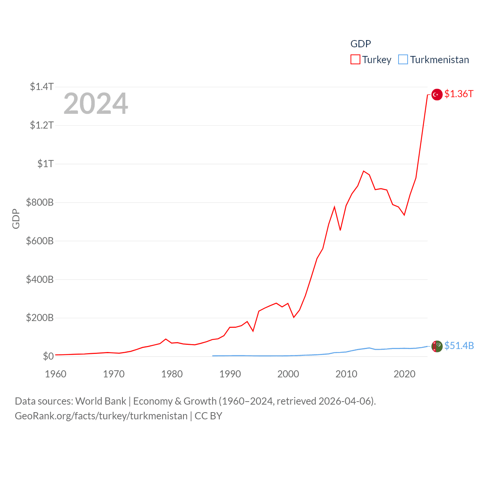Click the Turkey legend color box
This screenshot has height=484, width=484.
coord(355,60)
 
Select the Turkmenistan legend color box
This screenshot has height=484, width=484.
coord(403,60)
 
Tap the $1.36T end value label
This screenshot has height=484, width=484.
coord(459,94)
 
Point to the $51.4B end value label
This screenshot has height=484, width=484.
coord(459,346)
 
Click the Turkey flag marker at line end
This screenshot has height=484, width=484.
coord(437,95)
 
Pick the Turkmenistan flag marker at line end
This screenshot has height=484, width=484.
coord(437,346)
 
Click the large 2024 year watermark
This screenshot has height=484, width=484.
coord(96,104)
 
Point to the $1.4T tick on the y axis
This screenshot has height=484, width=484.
coord(42,87)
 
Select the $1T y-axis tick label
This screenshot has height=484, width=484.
coord(45,164)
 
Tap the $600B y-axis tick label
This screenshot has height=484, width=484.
coord(40,241)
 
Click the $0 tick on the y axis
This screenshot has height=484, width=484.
coord(48,356)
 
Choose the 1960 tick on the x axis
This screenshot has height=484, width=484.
coord(56,374)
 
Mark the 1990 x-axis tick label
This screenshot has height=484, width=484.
coord(230,374)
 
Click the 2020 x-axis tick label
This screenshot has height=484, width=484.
coord(404,374)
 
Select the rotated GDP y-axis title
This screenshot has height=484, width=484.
coord(16,219)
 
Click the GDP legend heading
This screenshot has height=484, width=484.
coord(360,44)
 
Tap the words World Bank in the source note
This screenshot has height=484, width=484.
coord(101,401)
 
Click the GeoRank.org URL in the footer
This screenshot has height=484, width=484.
coord(101,416)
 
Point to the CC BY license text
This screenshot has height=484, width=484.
coord(208,416)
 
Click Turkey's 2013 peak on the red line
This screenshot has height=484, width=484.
coord(363,171)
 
